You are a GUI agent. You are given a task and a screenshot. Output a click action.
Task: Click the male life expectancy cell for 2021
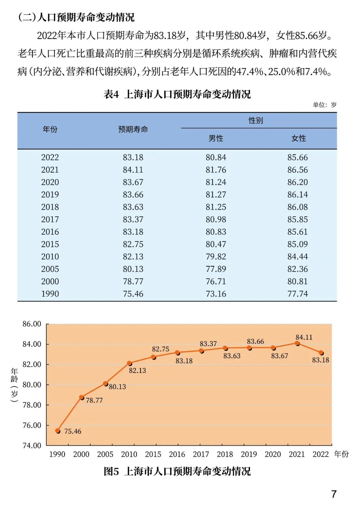click(x=216, y=170)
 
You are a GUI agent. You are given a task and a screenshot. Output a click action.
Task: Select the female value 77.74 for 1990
click(x=297, y=294)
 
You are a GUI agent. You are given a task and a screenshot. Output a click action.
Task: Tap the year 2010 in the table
click(x=50, y=257)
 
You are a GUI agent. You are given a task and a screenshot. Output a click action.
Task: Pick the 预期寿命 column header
click(x=133, y=129)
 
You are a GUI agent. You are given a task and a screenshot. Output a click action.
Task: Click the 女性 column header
click(x=298, y=138)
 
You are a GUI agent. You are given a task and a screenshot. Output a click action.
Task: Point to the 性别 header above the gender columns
click(x=256, y=120)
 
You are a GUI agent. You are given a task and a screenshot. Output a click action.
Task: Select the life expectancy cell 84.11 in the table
click(x=133, y=170)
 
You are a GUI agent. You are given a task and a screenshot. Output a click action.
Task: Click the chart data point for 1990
click(x=58, y=431)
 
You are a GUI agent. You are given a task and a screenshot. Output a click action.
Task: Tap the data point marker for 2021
click(x=297, y=343)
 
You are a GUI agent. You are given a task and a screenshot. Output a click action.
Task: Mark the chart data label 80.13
click(x=117, y=387)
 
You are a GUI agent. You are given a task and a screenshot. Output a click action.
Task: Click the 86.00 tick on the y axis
click(x=32, y=324)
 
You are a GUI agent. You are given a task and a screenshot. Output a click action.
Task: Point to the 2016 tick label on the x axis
click(x=177, y=454)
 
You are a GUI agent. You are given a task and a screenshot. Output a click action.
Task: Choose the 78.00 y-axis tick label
click(x=32, y=405)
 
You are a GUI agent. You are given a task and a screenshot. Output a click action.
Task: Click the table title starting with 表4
click(x=177, y=94)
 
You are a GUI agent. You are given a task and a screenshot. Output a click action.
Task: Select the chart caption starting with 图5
click(x=177, y=471)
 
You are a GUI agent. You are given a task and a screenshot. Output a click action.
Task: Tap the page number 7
click(x=334, y=494)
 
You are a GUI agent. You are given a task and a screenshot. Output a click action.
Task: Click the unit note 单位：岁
click(x=324, y=105)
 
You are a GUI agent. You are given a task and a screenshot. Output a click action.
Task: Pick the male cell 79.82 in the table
click(x=216, y=257)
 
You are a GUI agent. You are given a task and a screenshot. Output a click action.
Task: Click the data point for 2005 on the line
click(x=105, y=384)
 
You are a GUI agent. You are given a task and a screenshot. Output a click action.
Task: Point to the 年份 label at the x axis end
click(x=341, y=454)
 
